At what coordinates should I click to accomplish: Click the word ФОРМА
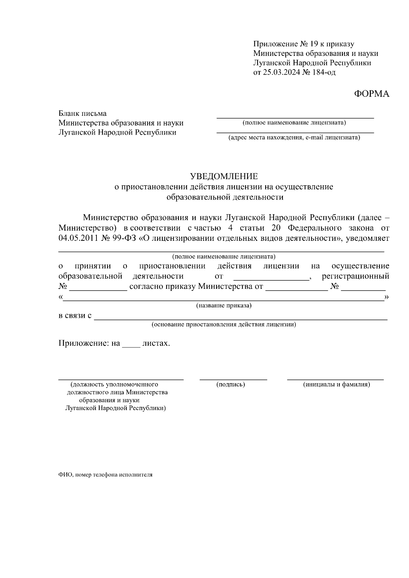tap(372, 94)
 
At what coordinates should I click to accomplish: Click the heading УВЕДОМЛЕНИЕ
tap(224, 176)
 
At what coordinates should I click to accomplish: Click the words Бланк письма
tap(82, 113)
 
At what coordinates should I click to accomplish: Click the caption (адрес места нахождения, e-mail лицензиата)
tap(294, 138)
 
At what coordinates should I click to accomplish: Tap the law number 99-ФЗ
tap(124, 238)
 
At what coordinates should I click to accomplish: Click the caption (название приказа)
tap(224, 306)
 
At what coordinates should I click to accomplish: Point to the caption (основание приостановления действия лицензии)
tap(224, 324)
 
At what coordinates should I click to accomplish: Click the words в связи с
tap(75, 315)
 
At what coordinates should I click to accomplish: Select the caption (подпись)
tap(231, 385)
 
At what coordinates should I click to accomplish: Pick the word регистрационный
tap(355, 276)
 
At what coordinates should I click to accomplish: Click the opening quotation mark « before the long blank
tap(60, 297)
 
